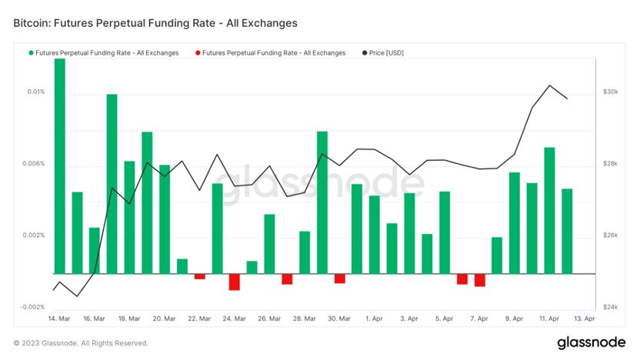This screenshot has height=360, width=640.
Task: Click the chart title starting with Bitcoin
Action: pyautogui.click(x=155, y=23)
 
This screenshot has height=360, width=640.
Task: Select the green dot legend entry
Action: pyautogui.click(x=104, y=52)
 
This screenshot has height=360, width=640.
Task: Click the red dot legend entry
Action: pyautogui.click(x=270, y=52)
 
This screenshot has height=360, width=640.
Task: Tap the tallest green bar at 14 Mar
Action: pyautogui.click(x=59, y=165)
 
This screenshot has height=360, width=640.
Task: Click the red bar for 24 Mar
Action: pyautogui.click(x=235, y=282)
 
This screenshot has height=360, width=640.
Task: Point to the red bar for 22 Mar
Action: pyautogui.click(x=199, y=276)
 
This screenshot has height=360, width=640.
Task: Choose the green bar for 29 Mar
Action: pyautogui.click(x=322, y=202)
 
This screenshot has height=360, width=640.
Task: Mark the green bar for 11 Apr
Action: pyautogui.click(x=549, y=210)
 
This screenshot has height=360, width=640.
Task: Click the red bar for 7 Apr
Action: pyautogui.click(x=479, y=280)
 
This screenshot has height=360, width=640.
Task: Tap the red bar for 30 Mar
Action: pyautogui.click(x=340, y=278)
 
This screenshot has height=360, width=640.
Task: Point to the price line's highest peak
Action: pyautogui.click(x=549, y=85)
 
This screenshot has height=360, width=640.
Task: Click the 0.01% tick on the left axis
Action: pyautogui.click(x=35, y=92)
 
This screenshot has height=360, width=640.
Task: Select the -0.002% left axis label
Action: pyautogui.click(x=32, y=307)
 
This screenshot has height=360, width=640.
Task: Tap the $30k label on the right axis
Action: pyautogui.click(x=611, y=92)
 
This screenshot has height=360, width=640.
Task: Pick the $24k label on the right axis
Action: pyautogui.click(x=611, y=307)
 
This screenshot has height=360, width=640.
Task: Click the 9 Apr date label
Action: pyautogui.click(x=514, y=318)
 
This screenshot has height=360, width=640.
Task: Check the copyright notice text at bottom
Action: pyautogui.click(x=81, y=343)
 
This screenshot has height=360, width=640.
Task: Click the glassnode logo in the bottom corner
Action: pyautogui.click(x=592, y=342)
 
